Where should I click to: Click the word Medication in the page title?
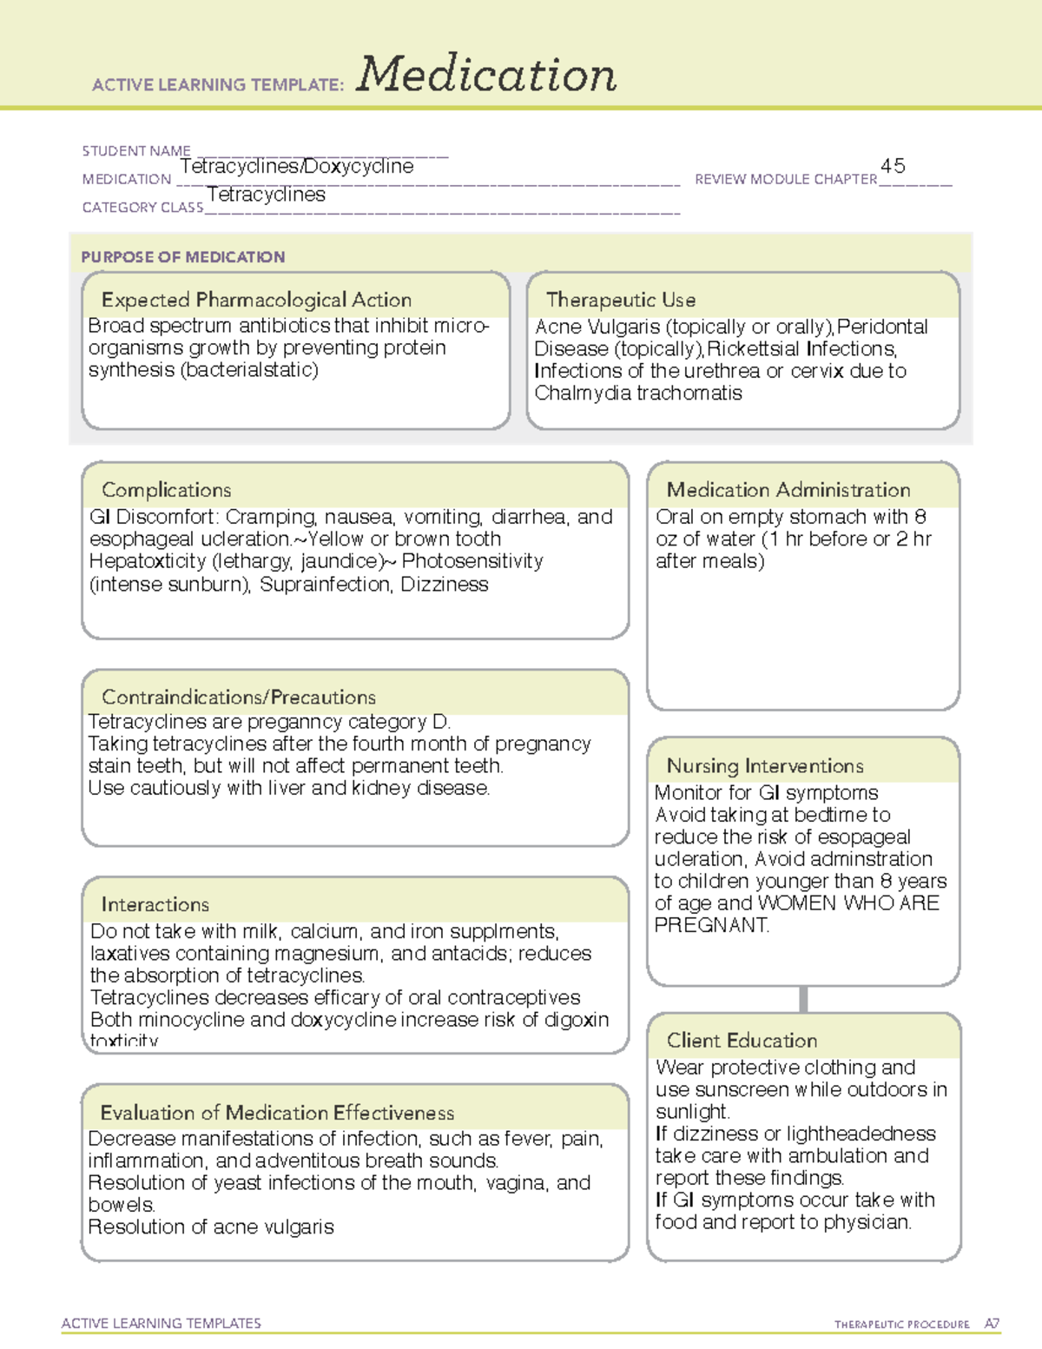486,75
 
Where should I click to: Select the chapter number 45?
893,166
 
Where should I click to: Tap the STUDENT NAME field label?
136,151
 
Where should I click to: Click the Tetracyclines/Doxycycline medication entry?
297,166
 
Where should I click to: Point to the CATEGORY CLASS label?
142,208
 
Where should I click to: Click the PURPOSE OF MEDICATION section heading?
183,257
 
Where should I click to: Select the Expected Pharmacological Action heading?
256,300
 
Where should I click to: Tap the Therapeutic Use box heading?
621,300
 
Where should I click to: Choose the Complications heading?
167,490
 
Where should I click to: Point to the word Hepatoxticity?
147,561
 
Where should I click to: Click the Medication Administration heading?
788,490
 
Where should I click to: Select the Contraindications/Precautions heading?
239,697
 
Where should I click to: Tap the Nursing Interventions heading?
765,766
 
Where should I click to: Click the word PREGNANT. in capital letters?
711,925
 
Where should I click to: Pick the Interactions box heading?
155,904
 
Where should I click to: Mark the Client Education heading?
742,1041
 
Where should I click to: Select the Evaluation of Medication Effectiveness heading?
277,1113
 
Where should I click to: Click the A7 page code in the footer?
992,1324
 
